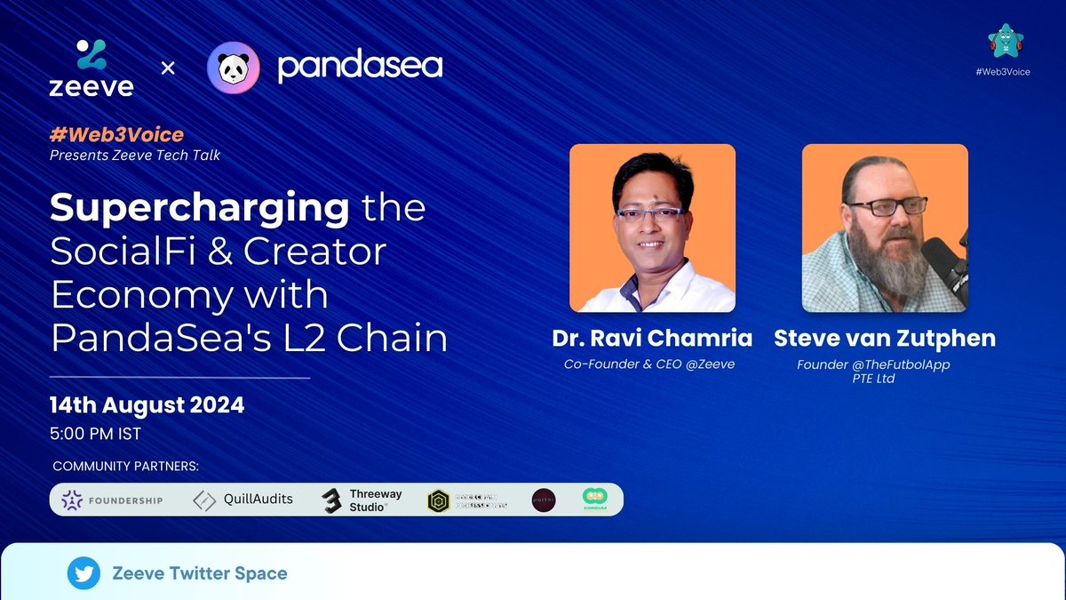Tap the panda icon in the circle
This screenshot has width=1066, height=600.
[x=233, y=68]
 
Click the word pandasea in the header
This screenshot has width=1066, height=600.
[x=360, y=67]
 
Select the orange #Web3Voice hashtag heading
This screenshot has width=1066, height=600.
[x=116, y=135]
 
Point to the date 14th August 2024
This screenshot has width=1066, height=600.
[x=147, y=406]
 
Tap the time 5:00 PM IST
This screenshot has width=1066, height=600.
[x=95, y=435]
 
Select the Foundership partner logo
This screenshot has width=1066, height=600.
[x=112, y=500]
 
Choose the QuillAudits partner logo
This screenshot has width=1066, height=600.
[x=243, y=500]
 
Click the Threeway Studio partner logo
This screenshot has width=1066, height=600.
[x=362, y=500]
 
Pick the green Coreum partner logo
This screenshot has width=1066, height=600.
[x=594, y=500]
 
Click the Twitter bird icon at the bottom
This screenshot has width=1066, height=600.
[x=84, y=574]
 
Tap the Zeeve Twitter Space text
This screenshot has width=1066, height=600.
[x=200, y=573]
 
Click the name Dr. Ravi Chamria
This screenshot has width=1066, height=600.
[x=651, y=339]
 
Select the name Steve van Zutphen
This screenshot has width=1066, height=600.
[x=885, y=339]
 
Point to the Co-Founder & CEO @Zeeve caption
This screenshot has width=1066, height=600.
[x=649, y=364]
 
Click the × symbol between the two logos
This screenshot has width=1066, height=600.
[x=168, y=68]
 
